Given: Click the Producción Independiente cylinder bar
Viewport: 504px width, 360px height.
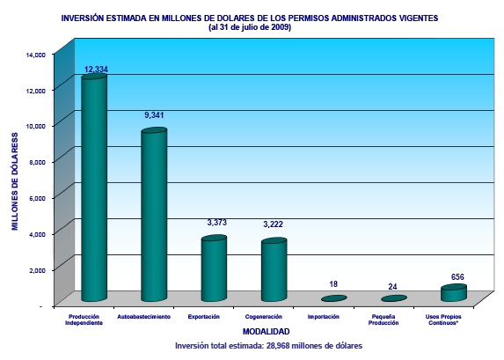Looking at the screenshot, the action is [x=94, y=187].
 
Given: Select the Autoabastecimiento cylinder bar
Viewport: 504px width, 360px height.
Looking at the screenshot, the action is [x=154, y=215].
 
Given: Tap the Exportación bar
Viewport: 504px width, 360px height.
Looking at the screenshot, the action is [x=214, y=268].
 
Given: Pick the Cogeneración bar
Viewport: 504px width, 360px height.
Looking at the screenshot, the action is [x=274, y=269].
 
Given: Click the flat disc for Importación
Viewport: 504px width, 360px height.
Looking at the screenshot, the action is [x=334, y=298].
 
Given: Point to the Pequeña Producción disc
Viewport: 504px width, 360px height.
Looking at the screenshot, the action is [x=394, y=298].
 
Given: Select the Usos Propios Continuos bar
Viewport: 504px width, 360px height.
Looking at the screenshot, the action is [x=454, y=293].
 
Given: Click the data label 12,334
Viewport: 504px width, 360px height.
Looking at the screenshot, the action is [x=96, y=70].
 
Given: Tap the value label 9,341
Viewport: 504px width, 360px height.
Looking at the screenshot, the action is [x=154, y=114].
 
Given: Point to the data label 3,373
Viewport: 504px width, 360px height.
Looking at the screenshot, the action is [x=217, y=223].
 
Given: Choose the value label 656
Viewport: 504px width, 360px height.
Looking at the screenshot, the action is [x=457, y=276].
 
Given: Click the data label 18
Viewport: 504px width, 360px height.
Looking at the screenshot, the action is [x=333, y=284].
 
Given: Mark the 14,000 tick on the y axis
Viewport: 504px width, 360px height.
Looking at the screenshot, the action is [x=36, y=55].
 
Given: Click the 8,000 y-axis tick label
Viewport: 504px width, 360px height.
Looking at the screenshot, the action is [x=37, y=163].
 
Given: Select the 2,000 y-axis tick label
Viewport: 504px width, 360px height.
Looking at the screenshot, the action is [x=37, y=270].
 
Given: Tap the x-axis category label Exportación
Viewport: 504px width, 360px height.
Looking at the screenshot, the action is [x=204, y=317].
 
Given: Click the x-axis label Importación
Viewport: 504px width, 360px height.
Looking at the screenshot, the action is [x=324, y=317].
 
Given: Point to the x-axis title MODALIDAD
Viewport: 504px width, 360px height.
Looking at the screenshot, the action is [x=267, y=332].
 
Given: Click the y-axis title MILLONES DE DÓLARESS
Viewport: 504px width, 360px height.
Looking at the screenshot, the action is [x=15, y=182].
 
